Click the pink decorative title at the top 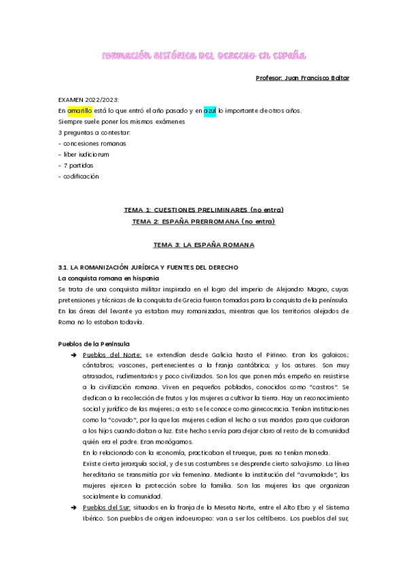(x=203, y=54)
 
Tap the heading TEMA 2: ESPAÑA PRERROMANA (x=203, y=221)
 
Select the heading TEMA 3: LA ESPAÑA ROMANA (x=203, y=242)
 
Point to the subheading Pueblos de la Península (x=94, y=344)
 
